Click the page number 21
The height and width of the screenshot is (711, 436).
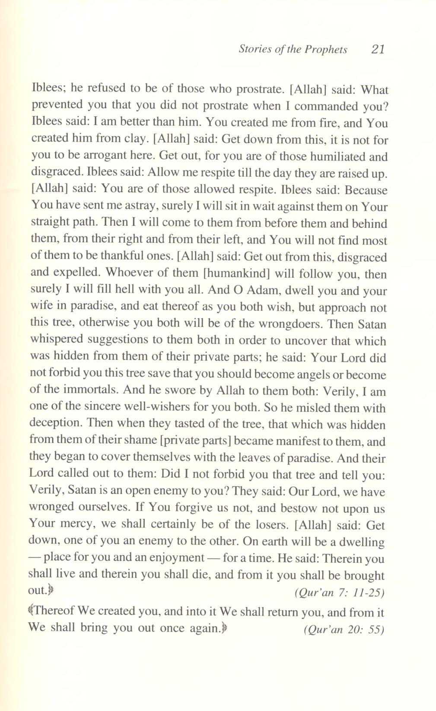coord(377,49)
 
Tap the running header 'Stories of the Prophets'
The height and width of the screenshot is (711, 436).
coord(293,49)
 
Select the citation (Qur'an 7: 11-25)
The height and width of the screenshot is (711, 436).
coord(339,593)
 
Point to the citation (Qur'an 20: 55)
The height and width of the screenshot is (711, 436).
coord(344,630)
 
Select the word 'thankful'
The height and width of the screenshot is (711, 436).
coord(121,256)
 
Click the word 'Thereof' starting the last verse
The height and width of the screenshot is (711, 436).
coord(54,612)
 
